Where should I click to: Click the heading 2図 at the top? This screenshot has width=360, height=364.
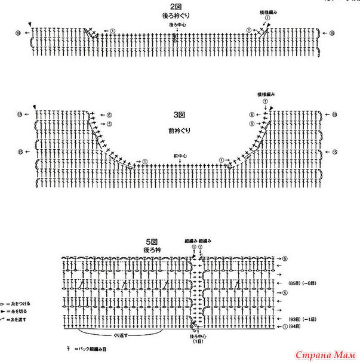[175, 5]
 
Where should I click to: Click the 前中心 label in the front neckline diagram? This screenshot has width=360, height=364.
[180, 156]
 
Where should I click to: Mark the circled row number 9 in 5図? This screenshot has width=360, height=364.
[285, 258]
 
